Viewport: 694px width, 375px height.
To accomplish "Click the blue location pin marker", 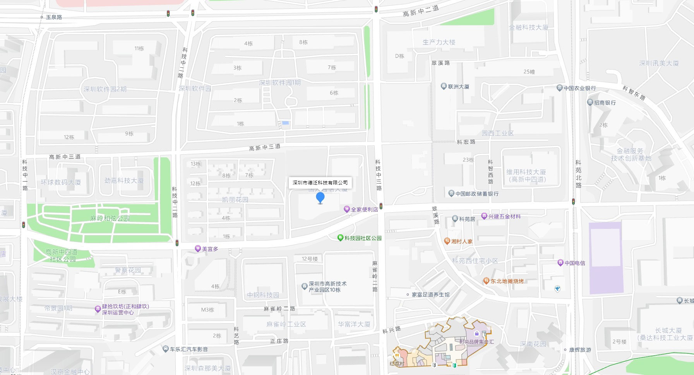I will click(320, 198).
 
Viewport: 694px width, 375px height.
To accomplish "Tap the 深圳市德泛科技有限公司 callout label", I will click(320, 182).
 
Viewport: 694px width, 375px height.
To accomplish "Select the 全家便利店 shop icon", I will click(347, 210).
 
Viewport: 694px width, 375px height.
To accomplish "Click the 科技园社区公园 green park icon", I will click(340, 238).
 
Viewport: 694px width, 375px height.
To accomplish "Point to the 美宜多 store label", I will click(210, 249).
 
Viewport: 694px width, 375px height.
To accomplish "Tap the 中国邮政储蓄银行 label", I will click(477, 194).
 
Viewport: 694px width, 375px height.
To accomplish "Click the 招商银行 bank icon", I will click(590, 102).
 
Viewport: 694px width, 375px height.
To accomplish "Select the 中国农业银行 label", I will click(579, 88).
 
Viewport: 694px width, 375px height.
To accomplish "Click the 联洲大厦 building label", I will click(458, 87).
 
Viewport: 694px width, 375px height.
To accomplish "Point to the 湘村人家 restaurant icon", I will click(447, 241).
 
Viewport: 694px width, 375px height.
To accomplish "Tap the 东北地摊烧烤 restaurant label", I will click(507, 281).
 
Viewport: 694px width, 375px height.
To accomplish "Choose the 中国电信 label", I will click(574, 263).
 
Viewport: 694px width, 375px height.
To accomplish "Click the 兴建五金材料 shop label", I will click(504, 216).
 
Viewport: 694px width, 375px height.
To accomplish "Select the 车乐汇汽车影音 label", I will click(188, 349).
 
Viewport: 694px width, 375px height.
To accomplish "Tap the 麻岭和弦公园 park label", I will click(110, 218).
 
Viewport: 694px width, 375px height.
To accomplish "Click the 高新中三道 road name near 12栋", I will click(65, 157).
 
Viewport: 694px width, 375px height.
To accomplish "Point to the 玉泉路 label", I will click(54, 17).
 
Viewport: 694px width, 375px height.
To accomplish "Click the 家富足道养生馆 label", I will click(430, 295).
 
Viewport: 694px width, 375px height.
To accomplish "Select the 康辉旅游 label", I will click(580, 350).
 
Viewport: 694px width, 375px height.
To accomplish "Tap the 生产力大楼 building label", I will click(439, 42).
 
